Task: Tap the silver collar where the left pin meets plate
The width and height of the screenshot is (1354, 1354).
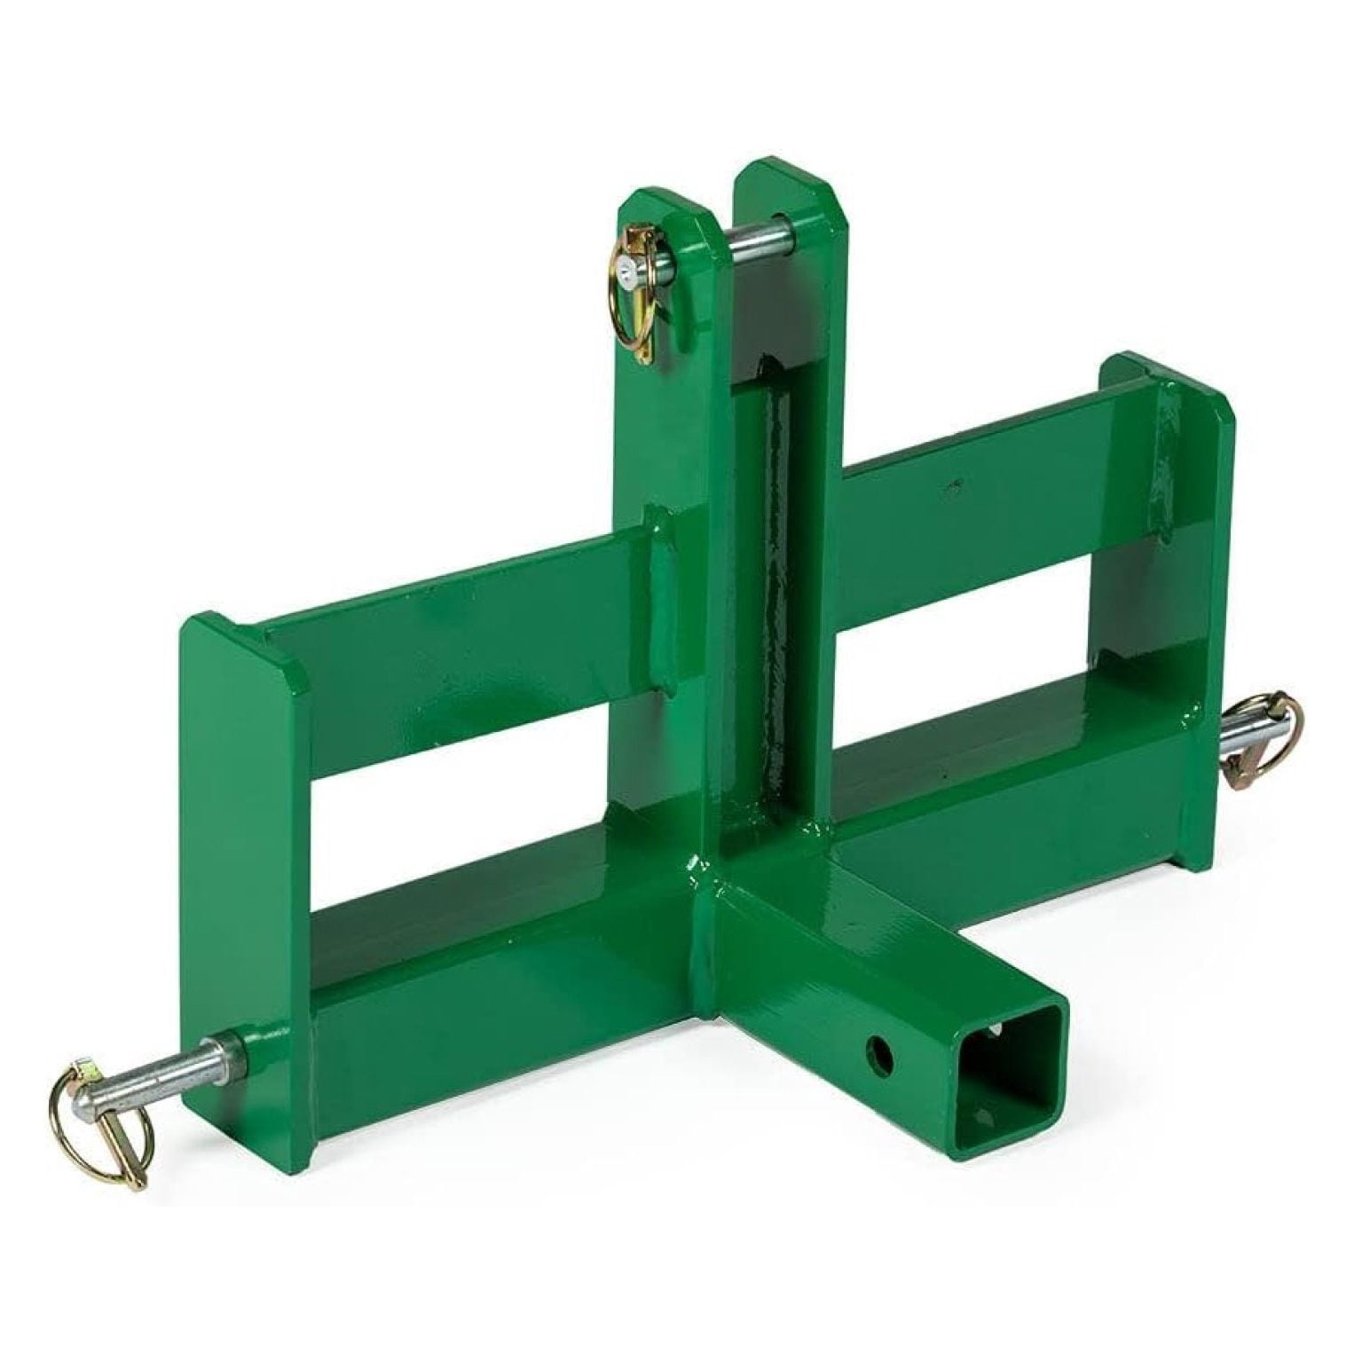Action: pos(233,1051)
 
